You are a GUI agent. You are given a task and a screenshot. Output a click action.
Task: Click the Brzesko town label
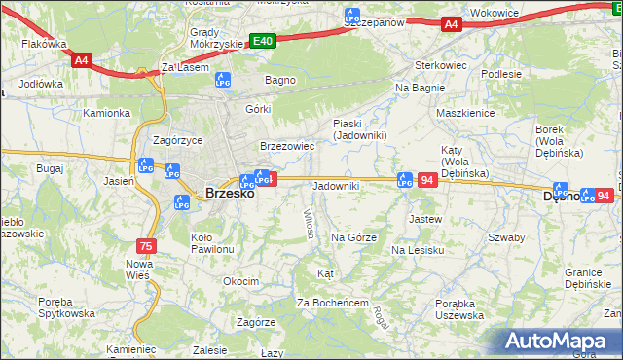230,193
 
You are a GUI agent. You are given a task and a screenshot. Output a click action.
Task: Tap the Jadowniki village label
336,186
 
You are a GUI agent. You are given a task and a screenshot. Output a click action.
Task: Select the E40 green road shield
262,41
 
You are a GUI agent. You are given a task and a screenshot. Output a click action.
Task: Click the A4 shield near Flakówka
82,59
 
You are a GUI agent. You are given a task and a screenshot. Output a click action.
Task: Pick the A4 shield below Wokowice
450,25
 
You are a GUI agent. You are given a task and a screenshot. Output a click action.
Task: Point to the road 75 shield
146,246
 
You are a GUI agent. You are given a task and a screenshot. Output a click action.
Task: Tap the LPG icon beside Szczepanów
352,17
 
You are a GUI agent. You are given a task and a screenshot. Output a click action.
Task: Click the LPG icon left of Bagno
223,80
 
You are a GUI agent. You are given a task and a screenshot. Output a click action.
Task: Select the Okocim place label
240,281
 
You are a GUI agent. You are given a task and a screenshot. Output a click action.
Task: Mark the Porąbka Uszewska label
447,309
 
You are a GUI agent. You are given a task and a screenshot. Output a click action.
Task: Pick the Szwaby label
506,237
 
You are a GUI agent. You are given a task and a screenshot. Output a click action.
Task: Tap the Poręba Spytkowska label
68,307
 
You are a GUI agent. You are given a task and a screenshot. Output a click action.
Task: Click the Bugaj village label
49,168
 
